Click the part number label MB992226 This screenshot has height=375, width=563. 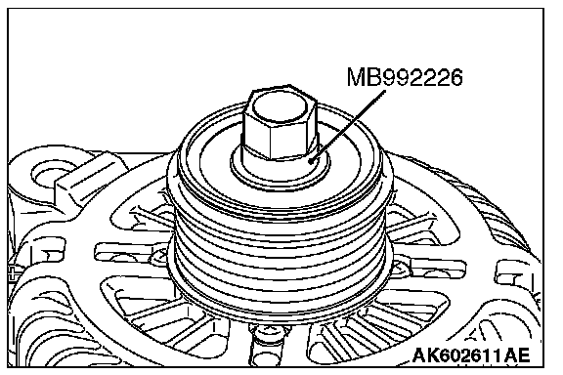coord(405,77)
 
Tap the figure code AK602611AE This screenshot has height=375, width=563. coord(471,356)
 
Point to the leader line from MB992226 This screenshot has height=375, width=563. coord(348,126)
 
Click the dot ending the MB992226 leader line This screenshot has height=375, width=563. coord(312,161)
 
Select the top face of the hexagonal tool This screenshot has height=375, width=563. coord(280,107)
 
